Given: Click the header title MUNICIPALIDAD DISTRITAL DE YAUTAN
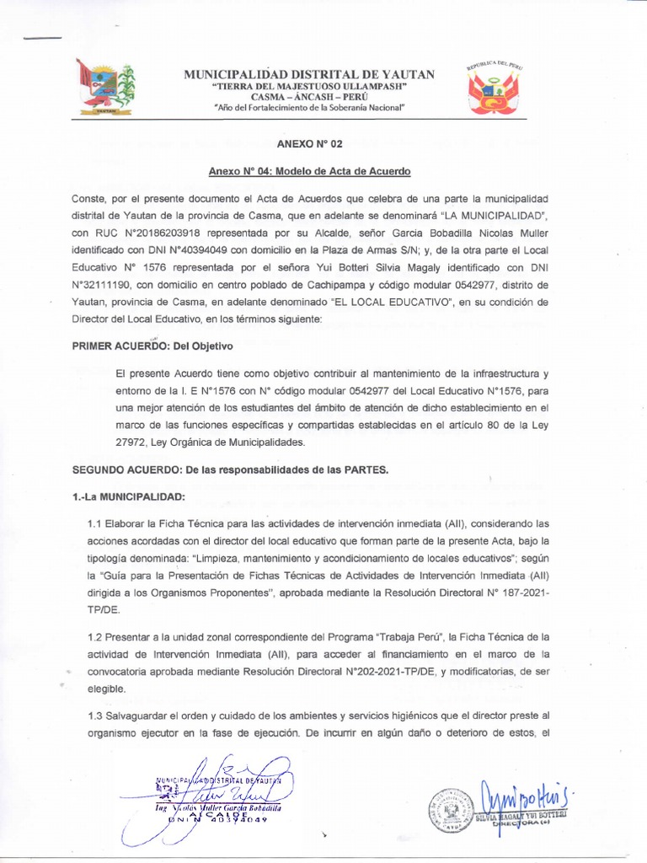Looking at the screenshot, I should (x=309, y=74).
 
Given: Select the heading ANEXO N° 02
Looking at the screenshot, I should (x=309, y=144).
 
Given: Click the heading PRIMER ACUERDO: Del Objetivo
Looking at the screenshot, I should (x=152, y=346).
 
